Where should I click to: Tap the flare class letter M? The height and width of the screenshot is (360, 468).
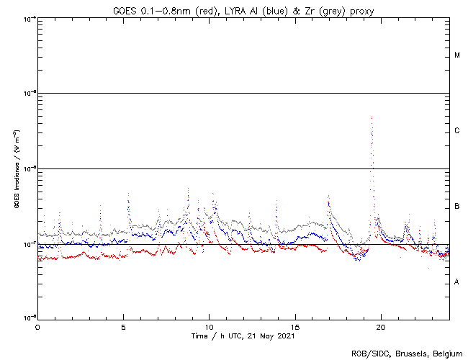457,55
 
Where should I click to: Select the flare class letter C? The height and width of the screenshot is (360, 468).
457,131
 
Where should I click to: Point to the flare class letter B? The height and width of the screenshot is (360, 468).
457,207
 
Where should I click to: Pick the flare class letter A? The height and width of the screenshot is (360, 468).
457,282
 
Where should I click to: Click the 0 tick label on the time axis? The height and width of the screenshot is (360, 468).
37,326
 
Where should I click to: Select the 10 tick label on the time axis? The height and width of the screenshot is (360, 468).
209,326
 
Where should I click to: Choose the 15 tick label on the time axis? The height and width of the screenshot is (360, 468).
295,326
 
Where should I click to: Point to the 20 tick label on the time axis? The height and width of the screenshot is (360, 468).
381,326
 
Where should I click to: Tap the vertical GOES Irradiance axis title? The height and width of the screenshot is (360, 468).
15,168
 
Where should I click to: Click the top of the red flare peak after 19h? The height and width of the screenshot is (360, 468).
372,117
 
